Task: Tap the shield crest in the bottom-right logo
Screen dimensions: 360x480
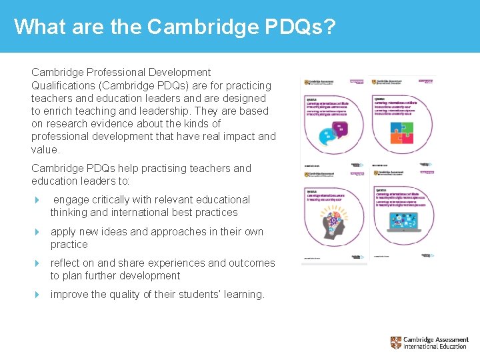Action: [x=396, y=343]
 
